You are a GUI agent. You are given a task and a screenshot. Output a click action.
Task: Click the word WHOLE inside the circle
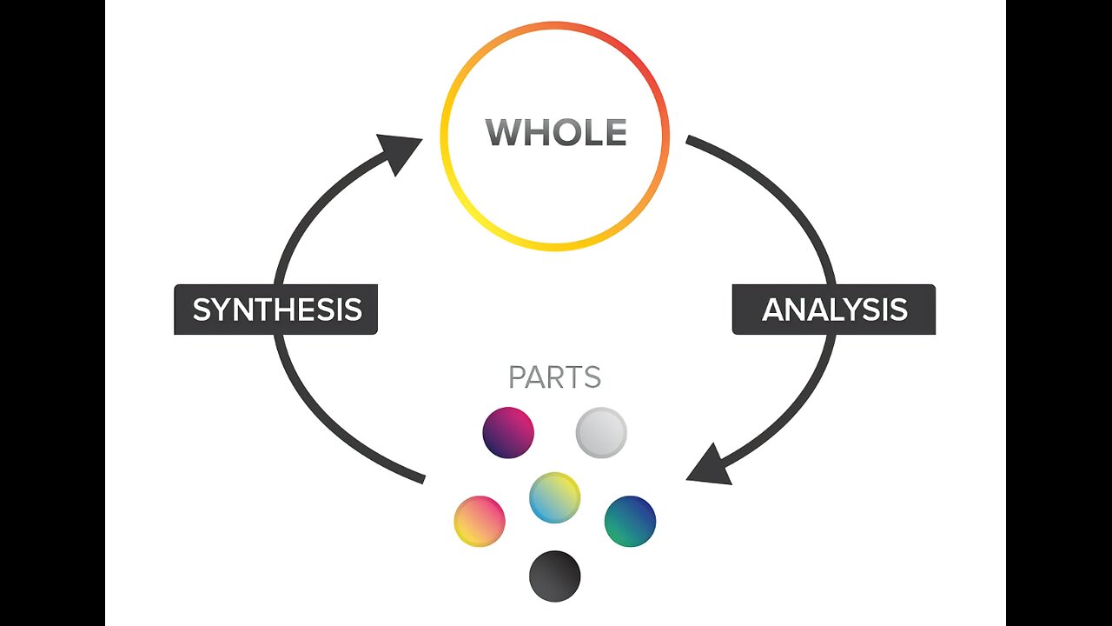pos(556,132)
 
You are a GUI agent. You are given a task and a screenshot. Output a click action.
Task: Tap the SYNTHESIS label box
pos(276,310)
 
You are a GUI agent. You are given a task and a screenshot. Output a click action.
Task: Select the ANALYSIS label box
pos(834,310)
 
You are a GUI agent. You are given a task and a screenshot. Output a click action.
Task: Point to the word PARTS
pos(554,378)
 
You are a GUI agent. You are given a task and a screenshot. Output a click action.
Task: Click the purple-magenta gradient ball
pos(508,432)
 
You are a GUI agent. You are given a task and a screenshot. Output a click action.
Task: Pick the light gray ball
pos(601,432)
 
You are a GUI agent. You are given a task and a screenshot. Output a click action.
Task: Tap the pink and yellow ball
pos(480,521)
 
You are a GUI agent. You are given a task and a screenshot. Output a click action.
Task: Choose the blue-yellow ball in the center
pos(555,497)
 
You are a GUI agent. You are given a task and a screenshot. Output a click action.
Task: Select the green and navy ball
pos(630,521)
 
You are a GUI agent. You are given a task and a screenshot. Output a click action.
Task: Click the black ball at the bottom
pos(555,576)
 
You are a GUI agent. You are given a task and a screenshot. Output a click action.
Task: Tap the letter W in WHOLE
pos(502,132)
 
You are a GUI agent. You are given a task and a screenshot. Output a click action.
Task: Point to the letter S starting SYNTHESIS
pos(202,310)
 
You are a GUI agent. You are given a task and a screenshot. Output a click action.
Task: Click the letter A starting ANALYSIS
pos(772,310)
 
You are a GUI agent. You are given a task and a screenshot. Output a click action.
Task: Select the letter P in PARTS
pos(517,378)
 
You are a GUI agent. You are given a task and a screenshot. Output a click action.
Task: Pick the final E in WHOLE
pos(616,132)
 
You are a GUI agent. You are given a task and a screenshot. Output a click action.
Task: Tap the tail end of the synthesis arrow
pos(422,477)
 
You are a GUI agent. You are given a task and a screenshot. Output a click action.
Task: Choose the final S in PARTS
pos(592,378)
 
